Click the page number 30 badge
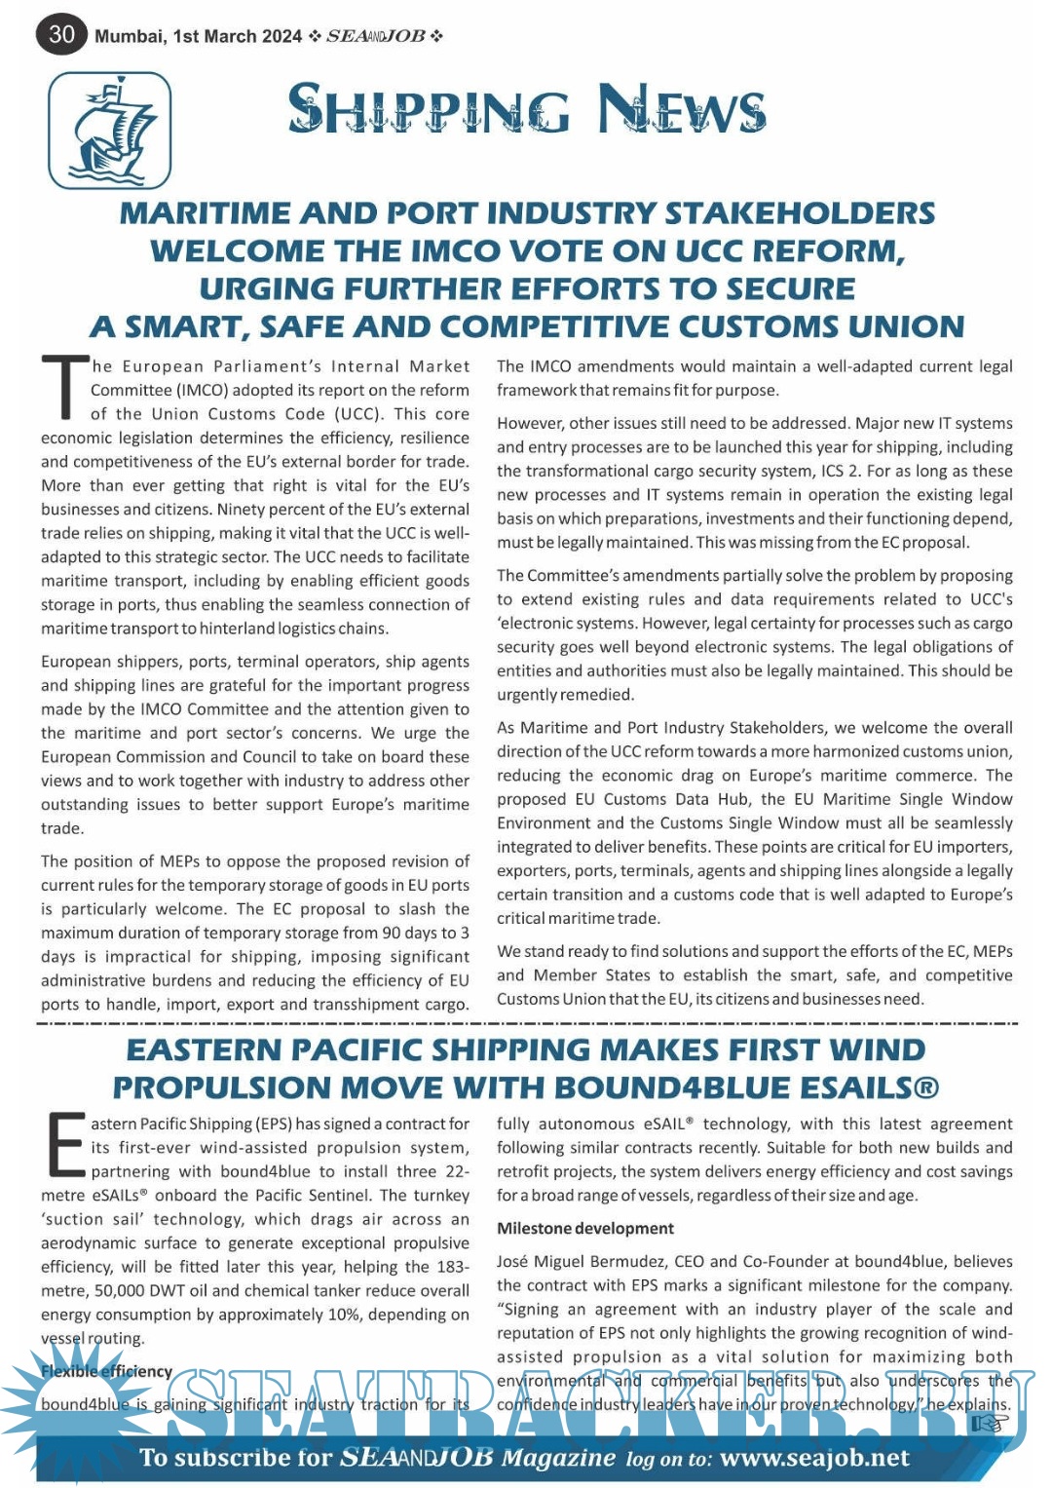61,34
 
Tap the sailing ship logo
110,131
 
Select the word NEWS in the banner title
682,108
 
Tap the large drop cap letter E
65,1145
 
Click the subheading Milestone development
585,1229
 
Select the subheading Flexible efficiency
106,1371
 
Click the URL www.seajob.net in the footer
814,1458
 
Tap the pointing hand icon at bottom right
988,1424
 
